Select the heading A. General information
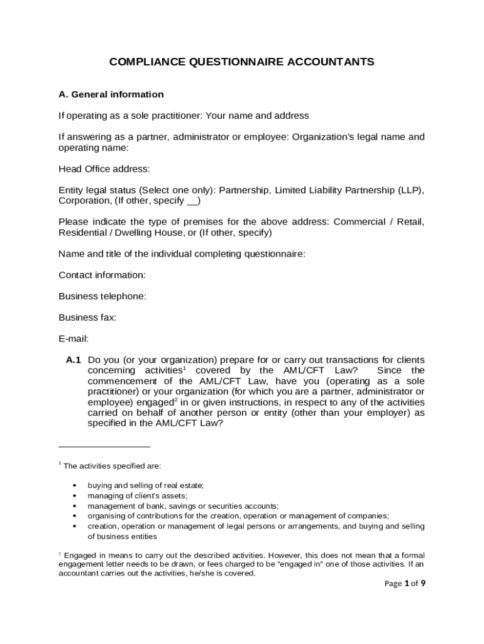pyautogui.click(x=111, y=94)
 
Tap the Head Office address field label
pyautogui.click(x=104, y=169)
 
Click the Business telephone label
pyautogui.click(x=102, y=296)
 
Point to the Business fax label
pyautogui.click(x=87, y=318)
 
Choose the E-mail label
pyautogui.click(x=74, y=339)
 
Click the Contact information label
pyautogui.click(x=102, y=275)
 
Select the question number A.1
pyautogui.click(x=74, y=360)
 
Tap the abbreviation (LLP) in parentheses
pyautogui.click(x=410, y=191)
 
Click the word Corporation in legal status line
pyautogui.click(x=84, y=201)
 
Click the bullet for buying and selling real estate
pyautogui.click(x=75, y=486)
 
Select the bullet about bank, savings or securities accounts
pyautogui.click(x=183, y=506)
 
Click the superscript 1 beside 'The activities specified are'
pyautogui.click(x=60, y=464)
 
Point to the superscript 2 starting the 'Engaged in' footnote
pyautogui.click(x=60, y=553)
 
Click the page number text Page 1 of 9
pyautogui.click(x=405, y=584)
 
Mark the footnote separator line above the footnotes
pyautogui.click(x=104, y=447)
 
